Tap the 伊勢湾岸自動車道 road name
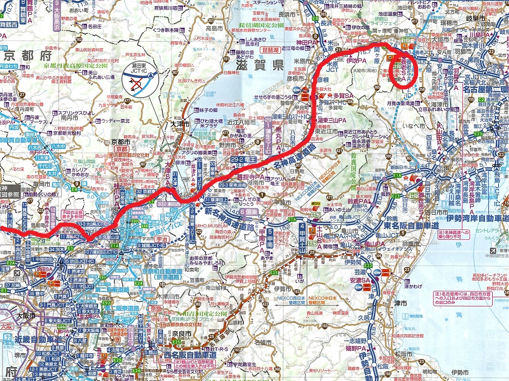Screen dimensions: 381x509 point(478,219)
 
